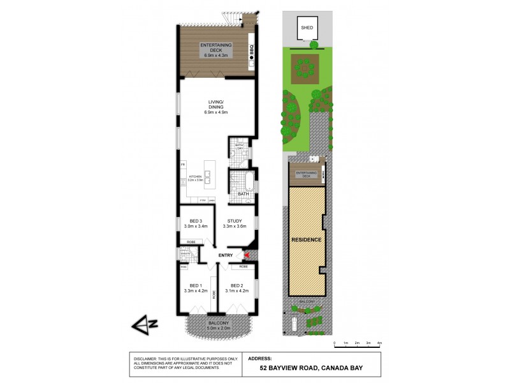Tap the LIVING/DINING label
click(217, 105)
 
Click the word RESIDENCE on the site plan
click(306, 239)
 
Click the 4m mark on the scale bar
click(379, 343)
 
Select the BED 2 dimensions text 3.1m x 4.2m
click(237, 291)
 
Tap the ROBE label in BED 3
click(191, 242)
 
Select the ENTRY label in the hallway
click(225, 256)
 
